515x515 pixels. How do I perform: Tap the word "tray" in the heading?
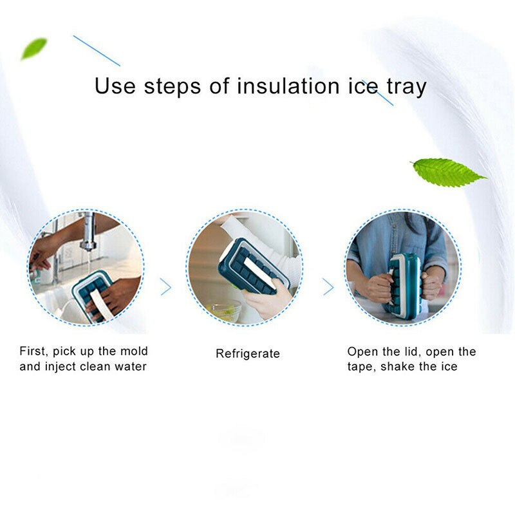(x=404, y=86)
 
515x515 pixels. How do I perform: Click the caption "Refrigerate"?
(x=248, y=353)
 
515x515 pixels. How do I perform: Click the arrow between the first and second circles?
(x=166, y=286)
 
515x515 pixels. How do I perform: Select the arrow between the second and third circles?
(x=328, y=286)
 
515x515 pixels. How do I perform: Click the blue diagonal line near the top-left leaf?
(x=97, y=51)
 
